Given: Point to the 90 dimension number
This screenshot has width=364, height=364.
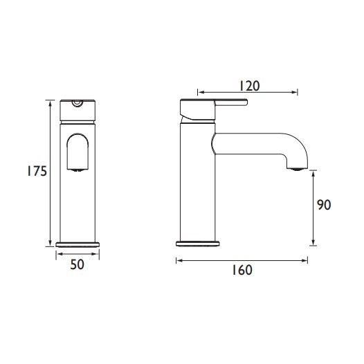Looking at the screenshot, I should (x=325, y=206).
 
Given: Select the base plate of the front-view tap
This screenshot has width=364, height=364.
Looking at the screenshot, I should (x=78, y=243).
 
